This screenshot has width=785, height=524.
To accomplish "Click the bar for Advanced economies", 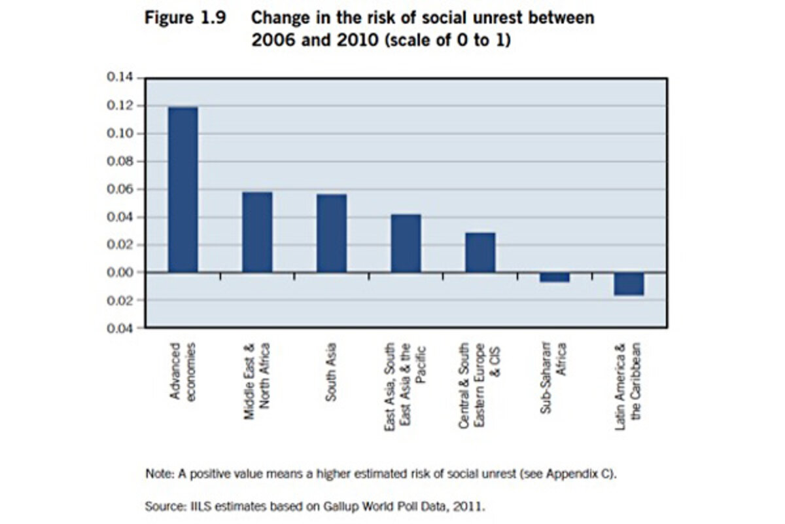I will (183, 189).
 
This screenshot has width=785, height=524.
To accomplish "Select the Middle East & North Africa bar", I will (257, 232).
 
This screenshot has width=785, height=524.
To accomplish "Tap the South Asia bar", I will (332, 233).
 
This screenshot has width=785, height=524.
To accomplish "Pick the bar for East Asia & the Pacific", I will (406, 243).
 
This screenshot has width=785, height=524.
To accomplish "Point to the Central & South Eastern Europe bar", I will (480, 252).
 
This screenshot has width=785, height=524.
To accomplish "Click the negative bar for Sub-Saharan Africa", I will (555, 277).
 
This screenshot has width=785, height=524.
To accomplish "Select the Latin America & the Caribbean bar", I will (629, 284).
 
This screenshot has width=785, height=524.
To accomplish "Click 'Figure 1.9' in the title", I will (185, 18).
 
